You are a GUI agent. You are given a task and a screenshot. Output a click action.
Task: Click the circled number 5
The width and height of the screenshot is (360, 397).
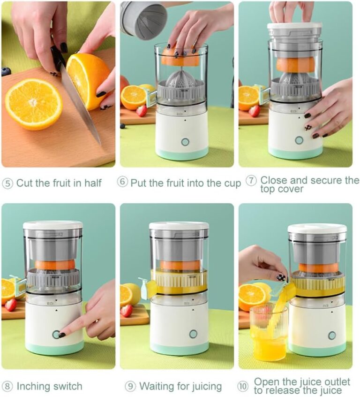pyautogui.click(x=7, y=183)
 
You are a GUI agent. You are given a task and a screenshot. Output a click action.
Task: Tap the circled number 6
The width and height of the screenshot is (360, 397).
pyautogui.click(x=122, y=182)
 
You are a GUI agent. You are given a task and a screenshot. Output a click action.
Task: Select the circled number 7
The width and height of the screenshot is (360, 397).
pyautogui.click(x=251, y=181)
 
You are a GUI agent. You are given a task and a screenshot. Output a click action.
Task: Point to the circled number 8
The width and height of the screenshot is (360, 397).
pyautogui.click(x=7, y=386)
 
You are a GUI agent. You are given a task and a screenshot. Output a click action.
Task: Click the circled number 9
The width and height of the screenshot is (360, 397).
pyautogui.click(x=130, y=386)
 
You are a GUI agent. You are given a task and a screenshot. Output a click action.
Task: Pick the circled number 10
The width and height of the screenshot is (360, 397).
pyautogui.click(x=243, y=386)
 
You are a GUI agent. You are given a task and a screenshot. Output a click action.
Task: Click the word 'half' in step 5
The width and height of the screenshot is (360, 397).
pyautogui.click(x=93, y=183)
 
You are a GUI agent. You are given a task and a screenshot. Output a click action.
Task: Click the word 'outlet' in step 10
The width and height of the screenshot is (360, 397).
pyautogui.click(x=337, y=382)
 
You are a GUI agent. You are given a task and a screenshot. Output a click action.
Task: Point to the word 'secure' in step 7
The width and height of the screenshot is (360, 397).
pyautogui.click(x=327, y=180)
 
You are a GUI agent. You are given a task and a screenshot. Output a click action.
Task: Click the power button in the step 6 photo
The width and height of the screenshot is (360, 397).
pyautogui.click(x=185, y=142)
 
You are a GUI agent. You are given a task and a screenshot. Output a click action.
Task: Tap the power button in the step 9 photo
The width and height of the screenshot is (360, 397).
pyautogui.click(x=193, y=334)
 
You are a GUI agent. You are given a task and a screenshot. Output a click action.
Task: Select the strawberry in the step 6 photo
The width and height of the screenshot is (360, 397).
pyautogui.click(x=142, y=111)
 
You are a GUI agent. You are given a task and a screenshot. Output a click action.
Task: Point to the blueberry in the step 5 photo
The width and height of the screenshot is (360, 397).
pyautogui.click(x=6, y=71)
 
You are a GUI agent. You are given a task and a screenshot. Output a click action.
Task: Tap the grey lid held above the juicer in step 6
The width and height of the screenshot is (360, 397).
pyautogui.click(x=144, y=20)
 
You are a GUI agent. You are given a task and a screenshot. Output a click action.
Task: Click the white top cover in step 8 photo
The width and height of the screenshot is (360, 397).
pyautogui.click(x=53, y=225)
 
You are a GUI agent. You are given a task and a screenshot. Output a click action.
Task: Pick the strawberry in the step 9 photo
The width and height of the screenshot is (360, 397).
pyautogui.click(x=127, y=311)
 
